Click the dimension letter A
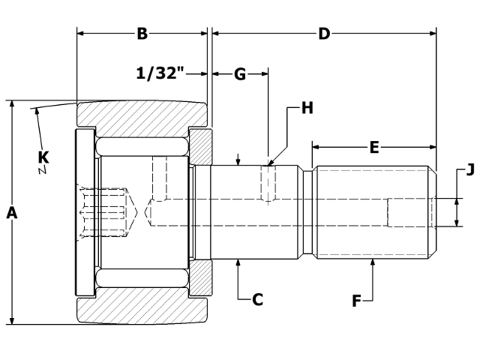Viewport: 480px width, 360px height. click(11, 213)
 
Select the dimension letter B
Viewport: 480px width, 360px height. click(142, 34)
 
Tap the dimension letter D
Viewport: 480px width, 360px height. click(324, 34)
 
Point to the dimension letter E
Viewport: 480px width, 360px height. click(373, 147)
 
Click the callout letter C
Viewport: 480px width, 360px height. click(257, 299)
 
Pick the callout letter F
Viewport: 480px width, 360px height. click(358, 301)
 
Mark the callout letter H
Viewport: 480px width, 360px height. click(306, 108)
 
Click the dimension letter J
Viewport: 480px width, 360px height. click(470, 169)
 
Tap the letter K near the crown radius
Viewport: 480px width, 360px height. click(43, 156)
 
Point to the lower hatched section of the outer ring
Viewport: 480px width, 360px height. click(142, 310)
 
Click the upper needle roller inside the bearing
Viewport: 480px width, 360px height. click(142, 145)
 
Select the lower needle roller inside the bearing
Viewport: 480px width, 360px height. click(142, 280)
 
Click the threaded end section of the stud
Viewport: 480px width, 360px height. click(373, 212)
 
